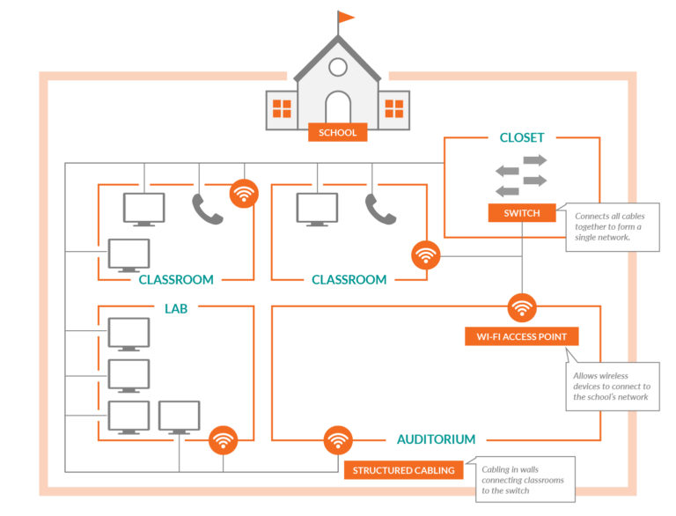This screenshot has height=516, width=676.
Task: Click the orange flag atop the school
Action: (346, 17)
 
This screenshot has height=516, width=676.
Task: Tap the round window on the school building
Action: (338, 66)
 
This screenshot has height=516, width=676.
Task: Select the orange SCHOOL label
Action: (338, 133)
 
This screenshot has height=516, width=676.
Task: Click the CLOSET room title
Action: (522, 137)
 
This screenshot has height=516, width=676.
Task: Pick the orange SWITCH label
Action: (522, 213)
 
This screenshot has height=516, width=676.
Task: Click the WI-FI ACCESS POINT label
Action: (522, 336)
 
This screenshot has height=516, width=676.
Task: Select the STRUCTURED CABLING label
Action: (403, 470)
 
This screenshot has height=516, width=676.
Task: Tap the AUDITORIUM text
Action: (436, 439)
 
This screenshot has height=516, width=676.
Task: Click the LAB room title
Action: (176, 308)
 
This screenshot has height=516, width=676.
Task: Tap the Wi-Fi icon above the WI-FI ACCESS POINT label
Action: (522, 307)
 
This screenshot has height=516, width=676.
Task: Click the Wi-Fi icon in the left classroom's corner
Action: (244, 194)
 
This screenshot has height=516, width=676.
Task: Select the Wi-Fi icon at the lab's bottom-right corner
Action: (223, 439)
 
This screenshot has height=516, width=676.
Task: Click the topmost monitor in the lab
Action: (129, 334)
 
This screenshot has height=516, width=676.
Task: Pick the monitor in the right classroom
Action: (317, 209)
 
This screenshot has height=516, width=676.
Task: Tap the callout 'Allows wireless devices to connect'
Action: (612, 387)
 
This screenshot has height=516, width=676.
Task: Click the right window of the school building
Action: (394, 109)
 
